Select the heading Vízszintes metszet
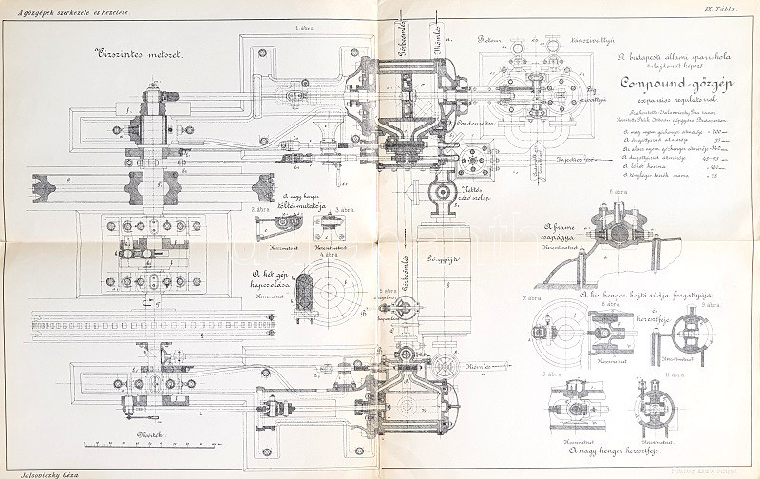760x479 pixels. pos(139,53)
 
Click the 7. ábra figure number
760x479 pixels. pos(531,297)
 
